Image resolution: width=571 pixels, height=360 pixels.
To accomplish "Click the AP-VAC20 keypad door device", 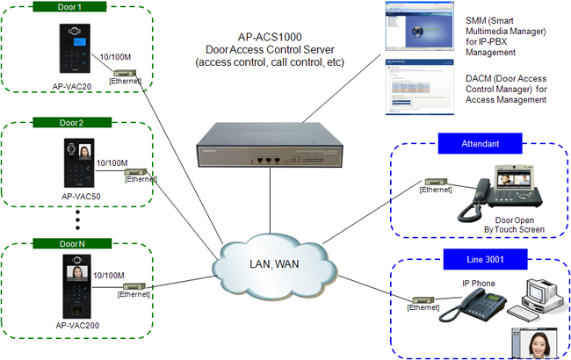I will (x=73, y=47).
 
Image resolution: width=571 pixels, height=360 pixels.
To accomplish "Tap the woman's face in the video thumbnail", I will (x=533, y=342).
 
